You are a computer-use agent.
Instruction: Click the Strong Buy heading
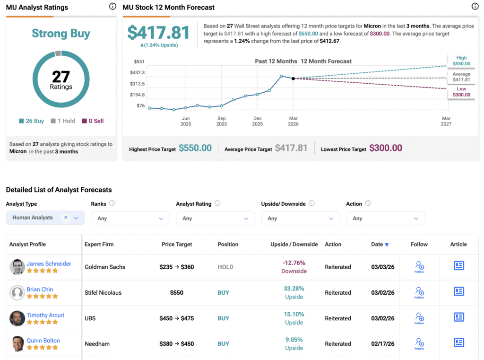coord(61,34)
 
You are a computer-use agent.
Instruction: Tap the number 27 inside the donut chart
coord(61,77)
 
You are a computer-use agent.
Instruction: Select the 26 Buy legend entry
coord(32,121)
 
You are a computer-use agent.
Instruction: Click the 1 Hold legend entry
coord(63,121)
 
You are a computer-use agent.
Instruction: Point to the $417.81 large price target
coord(158,32)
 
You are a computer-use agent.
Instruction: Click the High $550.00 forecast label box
coord(461,61)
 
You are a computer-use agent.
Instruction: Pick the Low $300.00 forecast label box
coord(461,92)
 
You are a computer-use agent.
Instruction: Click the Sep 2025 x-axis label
coord(222,121)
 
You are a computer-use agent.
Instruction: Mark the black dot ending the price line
coord(293,79)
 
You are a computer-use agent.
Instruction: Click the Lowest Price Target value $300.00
coord(385,148)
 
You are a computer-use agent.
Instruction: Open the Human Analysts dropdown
coord(45,218)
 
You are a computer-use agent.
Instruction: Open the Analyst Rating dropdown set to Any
coord(215,218)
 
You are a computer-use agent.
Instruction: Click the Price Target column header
coord(177,245)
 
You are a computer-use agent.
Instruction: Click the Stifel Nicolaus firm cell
coord(103,293)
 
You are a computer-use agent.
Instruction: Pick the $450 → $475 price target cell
coord(177,318)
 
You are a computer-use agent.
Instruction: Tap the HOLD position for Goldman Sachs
coord(225,267)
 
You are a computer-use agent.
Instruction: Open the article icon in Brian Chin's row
coord(458,291)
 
